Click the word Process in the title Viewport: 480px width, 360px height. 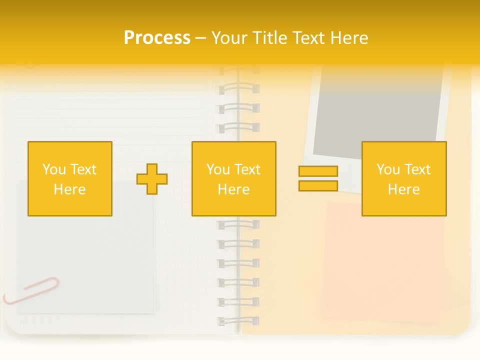pyautogui.click(x=157, y=38)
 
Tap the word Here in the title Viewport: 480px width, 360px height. pyautogui.click(x=348, y=38)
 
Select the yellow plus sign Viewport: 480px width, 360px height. pyautogui.click(x=152, y=179)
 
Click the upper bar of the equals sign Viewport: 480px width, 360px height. pyautogui.click(x=318, y=171)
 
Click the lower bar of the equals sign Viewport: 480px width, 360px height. pyautogui.click(x=318, y=186)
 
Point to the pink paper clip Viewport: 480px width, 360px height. pyautogui.click(x=31, y=290)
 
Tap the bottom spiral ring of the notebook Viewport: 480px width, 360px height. pyautogui.click(x=238, y=320)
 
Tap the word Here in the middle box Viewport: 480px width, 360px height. pyautogui.click(x=233, y=189)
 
